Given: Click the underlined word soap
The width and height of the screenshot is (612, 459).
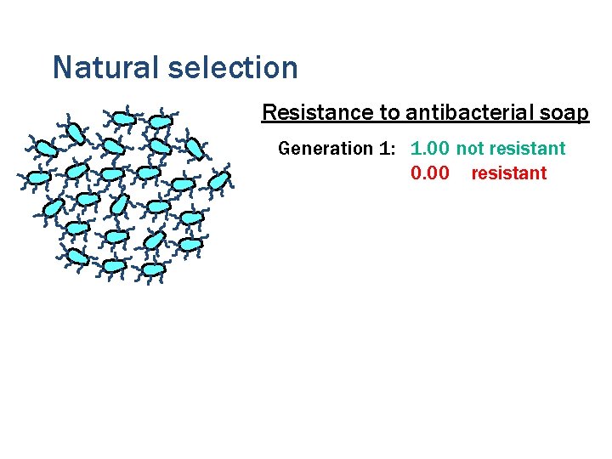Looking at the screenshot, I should (x=565, y=113).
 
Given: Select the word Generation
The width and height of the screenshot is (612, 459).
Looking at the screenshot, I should (x=326, y=149).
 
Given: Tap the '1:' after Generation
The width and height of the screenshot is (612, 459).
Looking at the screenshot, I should (x=388, y=149).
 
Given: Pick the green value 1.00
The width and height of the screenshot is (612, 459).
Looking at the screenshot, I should (x=429, y=149).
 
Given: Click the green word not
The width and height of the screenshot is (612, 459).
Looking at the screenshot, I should (x=469, y=149).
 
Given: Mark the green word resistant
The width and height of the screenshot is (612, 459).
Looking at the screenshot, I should (x=527, y=149).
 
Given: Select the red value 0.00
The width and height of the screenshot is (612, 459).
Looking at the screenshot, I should (x=429, y=173).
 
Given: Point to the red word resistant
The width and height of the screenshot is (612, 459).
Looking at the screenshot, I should (x=509, y=173).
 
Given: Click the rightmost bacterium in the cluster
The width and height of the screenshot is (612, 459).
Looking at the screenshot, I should (x=219, y=180).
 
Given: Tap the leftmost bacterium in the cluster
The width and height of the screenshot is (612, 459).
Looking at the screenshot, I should (x=38, y=178).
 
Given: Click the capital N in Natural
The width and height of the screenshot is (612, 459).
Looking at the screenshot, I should (x=61, y=67).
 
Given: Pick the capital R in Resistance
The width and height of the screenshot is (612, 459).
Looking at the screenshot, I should (x=269, y=112).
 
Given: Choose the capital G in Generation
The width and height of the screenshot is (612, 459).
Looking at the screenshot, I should (x=285, y=149).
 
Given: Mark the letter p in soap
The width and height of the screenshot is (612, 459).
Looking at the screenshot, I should (x=582, y=114).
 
